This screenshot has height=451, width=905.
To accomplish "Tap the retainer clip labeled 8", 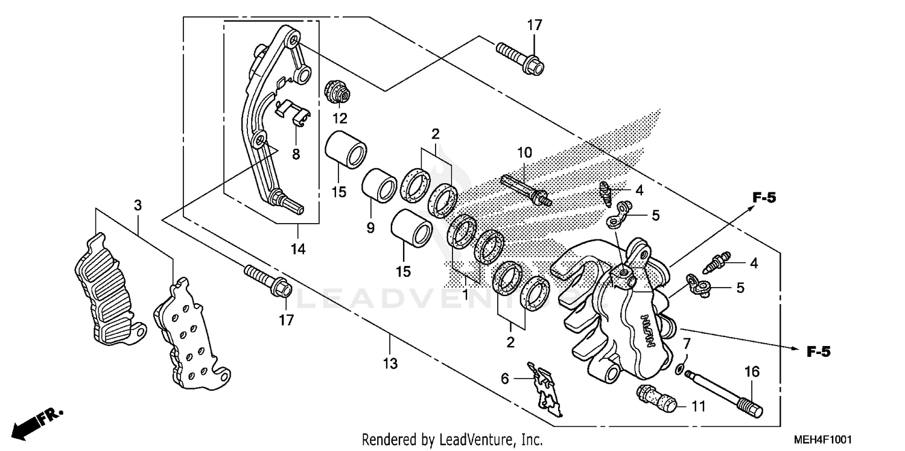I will click(292, 112).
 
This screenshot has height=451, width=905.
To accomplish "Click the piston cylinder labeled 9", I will click(379, 185).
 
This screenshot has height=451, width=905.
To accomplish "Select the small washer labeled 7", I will click(680, 368).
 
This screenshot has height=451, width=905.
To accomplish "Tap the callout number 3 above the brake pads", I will click(138, 206).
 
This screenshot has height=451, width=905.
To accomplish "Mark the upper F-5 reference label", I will click(764, 197).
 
